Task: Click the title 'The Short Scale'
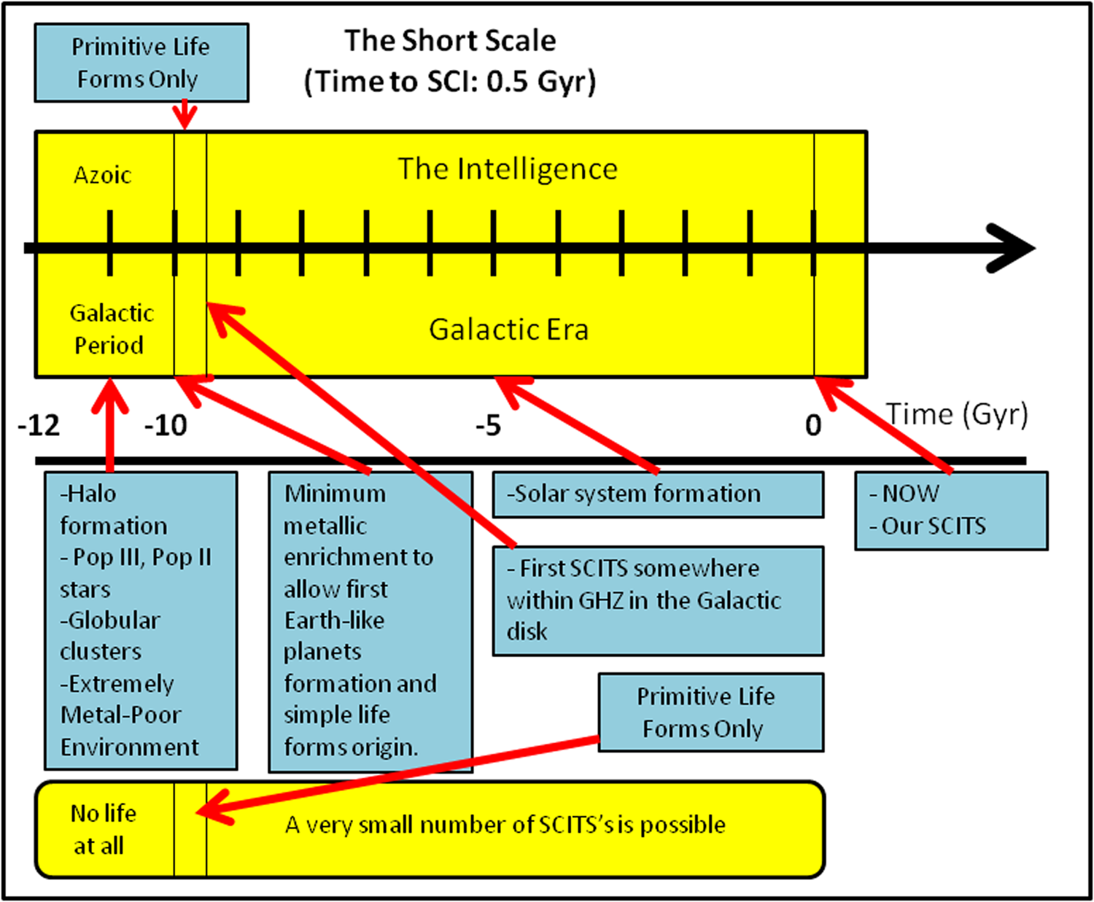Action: click(450, 41)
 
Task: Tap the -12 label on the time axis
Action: click(39, 425)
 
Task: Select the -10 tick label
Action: click(166, 425)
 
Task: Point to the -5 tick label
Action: click(488, 425)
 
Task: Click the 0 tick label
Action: click(813, 425)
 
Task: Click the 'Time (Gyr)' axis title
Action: click(957, 414)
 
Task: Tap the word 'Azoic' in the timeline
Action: click(102, 176)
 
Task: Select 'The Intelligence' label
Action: click(508, 169)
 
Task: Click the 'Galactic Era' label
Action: click(508, 330)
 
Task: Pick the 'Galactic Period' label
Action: click(111, 329)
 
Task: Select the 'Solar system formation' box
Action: click(658, 494)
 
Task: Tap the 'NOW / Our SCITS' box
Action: click(951, 510)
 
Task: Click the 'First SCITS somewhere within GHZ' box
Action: click(658, 600)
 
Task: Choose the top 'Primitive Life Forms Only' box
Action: click(141, 63)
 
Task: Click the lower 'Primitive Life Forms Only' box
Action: click(710, 712)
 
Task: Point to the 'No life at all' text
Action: click(103, 829)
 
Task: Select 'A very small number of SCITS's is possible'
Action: click(505, 825)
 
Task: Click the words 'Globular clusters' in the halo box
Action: click(109, 636)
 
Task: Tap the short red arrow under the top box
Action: click(185, 115)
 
